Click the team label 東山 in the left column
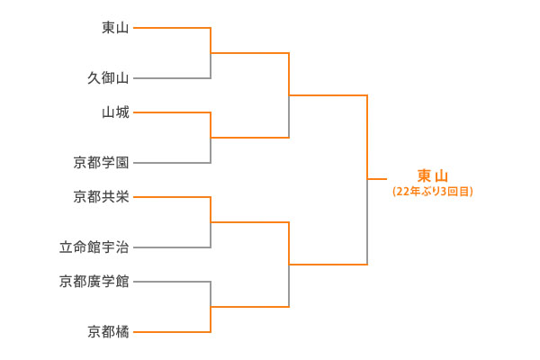click(115, 28)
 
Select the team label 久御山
click(108, 78)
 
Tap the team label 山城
click(115, 112)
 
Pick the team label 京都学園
click(101, 163)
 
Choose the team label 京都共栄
click(101, 196)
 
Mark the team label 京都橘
click(108, 332)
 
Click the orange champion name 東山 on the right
click(433, 175)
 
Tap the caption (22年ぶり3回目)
click(433, 192)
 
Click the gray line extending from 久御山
click(171, 78)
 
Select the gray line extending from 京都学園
click(171, 163)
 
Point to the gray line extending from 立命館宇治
click(171, 247)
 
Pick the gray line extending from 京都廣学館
click(171, 282)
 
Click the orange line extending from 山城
click(171, 112)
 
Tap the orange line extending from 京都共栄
click(171, 196)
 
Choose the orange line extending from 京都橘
click(171, 332)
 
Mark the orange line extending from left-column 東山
click(171, 28)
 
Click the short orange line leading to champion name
click(377, 179)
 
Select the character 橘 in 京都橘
click(122, 332)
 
